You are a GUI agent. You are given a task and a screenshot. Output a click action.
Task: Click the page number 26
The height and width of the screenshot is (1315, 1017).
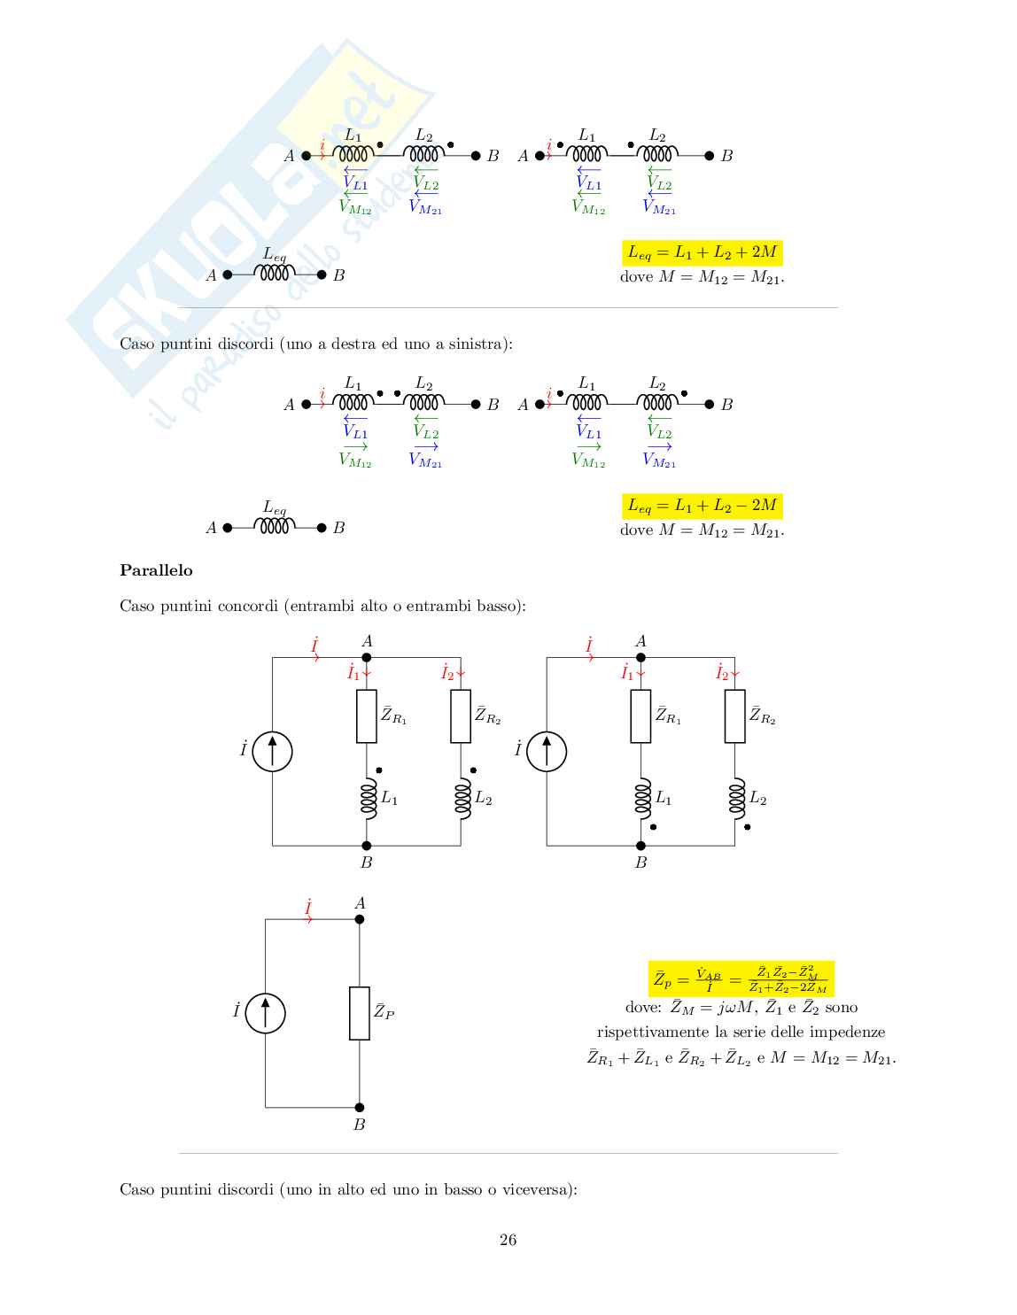click(x=508, y=1240)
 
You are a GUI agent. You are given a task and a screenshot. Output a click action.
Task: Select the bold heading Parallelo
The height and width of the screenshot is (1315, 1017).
click(x=156, y=570)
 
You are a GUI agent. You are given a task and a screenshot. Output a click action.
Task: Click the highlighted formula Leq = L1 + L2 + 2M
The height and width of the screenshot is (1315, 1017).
click(x=702, y=253)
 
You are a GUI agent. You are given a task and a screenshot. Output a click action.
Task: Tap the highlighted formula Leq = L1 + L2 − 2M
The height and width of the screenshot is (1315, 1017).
click(x=702, y=506)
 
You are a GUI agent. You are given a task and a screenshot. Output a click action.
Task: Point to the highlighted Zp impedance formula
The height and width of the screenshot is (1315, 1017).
click(x=741, y=979)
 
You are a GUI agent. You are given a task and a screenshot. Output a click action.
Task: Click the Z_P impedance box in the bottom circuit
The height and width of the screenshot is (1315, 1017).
click(x=360, y=1013)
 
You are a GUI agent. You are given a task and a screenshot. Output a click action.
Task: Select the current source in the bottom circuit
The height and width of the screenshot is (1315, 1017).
click(x=264, y=1012)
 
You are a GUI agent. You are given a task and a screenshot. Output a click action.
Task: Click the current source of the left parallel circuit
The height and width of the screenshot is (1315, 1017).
click(x=272, y=752)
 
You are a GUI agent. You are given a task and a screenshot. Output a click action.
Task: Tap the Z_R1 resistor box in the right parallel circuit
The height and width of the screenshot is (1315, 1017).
click(x=640, y=716)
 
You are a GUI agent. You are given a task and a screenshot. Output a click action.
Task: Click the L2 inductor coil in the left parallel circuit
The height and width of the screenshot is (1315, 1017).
click(x=461, y=796)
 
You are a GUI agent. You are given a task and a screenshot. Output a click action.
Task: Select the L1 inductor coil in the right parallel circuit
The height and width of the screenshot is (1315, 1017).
click(x=642, y=796)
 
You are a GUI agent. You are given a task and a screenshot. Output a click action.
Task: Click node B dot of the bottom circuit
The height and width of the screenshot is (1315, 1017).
click(x=360, y=1107)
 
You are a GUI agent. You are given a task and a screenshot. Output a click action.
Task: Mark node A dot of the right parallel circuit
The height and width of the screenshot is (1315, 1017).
click(x=640, y=657)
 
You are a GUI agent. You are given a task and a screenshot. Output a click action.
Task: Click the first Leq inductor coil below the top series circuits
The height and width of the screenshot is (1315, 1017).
click(x=274, y=275)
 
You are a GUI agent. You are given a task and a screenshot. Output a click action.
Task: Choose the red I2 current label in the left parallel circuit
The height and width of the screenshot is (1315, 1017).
click(x=448, y=673)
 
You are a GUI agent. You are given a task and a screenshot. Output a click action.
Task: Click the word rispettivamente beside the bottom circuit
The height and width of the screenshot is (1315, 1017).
click(x=638, y=1033)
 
